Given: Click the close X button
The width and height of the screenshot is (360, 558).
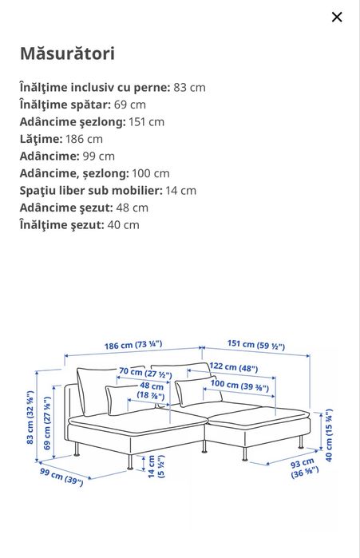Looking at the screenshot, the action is pos(337,17).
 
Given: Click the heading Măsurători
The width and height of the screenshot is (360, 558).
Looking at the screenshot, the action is pos(67,53).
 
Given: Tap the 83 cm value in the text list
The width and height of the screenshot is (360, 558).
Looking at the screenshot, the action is pos(189,87).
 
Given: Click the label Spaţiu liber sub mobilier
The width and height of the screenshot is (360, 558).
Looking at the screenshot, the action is pos(91,190).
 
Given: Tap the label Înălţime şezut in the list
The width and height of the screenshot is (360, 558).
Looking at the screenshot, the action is pos(61,224).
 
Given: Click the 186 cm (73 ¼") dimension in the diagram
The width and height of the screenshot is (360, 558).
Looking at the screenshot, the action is pos(133,345).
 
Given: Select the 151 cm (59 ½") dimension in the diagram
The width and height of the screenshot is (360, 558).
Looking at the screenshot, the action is pos(256,345).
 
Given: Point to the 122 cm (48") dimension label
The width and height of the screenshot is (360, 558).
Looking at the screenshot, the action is pos(234,367).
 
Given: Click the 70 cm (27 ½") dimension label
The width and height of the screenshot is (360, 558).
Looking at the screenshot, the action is pos(145,372).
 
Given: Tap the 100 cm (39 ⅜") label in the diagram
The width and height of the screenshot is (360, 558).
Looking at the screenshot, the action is pos(239,385).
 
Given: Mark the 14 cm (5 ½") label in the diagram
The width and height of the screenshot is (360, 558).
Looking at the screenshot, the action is pos(155,466).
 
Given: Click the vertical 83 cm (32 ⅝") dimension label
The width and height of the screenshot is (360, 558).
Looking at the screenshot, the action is pos(30,417).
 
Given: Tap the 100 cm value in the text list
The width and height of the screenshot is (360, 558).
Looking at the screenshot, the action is pos(151,173).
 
